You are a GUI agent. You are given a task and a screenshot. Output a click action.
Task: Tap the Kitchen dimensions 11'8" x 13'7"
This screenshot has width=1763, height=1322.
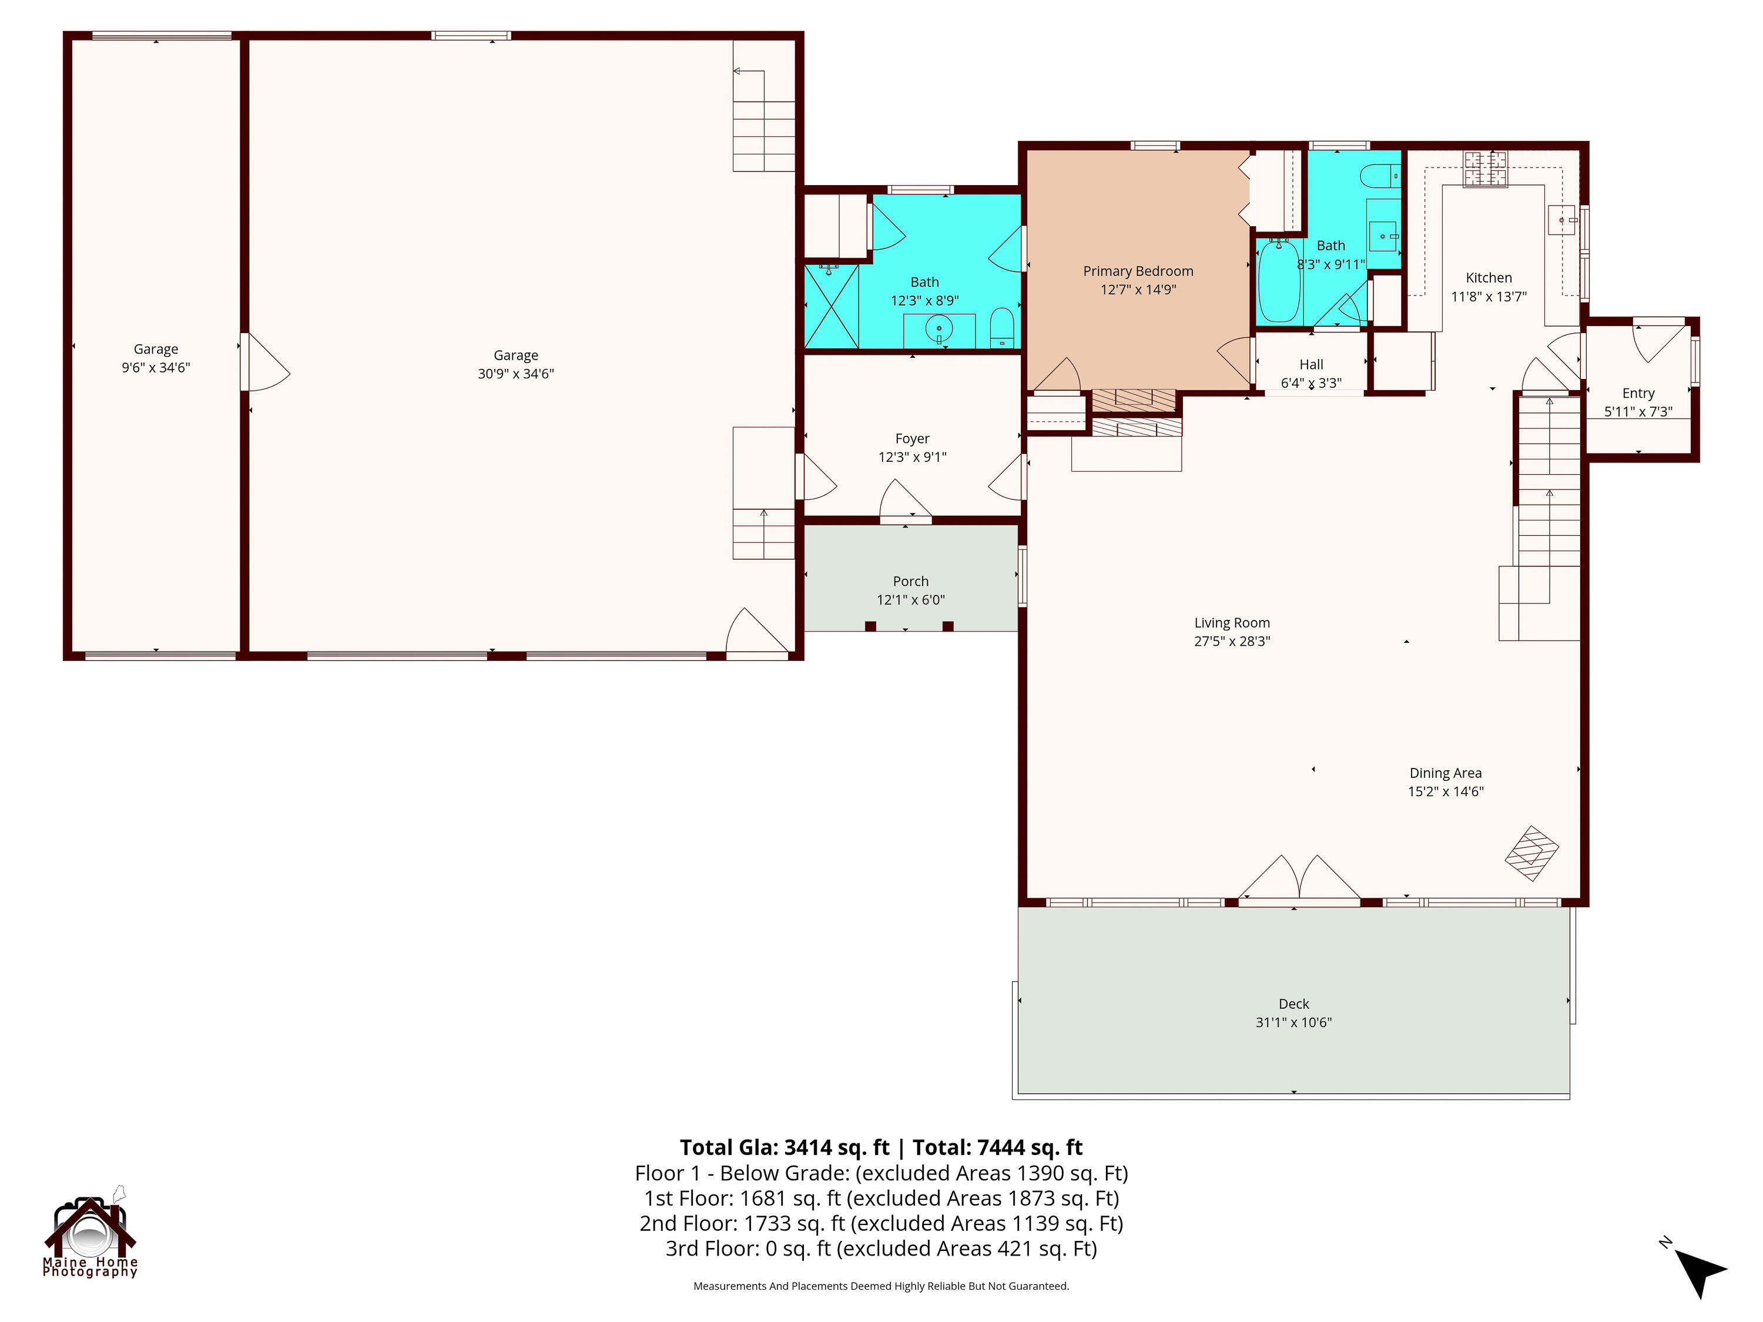[1489, 297]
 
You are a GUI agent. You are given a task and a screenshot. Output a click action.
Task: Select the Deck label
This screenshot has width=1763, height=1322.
[1293, 1004]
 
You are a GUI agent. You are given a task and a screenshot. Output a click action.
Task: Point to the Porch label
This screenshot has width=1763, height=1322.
[911, 582]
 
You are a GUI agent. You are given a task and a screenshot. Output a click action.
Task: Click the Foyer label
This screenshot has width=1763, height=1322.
[913, 439]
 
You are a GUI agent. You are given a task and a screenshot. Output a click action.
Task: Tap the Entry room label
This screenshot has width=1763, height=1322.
[1638, 394]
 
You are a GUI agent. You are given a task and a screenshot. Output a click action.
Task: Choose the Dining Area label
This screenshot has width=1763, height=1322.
[1446, 773]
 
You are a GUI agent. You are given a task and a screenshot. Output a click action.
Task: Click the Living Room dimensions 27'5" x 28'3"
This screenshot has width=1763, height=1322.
[1231, 640]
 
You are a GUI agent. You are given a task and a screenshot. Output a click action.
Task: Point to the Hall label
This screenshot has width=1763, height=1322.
[1311, 365]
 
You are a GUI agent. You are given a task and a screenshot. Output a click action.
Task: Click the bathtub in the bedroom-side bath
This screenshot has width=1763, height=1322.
[1279, 282]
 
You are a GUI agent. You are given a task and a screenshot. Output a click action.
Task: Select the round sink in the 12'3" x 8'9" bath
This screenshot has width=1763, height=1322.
[939, 328]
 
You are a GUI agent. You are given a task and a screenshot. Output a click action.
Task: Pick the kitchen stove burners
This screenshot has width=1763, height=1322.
[1486, 170]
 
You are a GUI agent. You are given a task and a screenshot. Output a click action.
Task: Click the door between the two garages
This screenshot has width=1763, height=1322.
[266, 362]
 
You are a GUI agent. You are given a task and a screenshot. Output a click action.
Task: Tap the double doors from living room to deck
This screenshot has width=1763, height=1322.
[1299, 878]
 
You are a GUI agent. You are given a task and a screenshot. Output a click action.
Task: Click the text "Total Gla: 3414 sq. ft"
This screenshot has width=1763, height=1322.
[785, 1147]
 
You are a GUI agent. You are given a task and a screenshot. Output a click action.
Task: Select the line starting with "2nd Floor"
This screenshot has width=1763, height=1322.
[881, 1223]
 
